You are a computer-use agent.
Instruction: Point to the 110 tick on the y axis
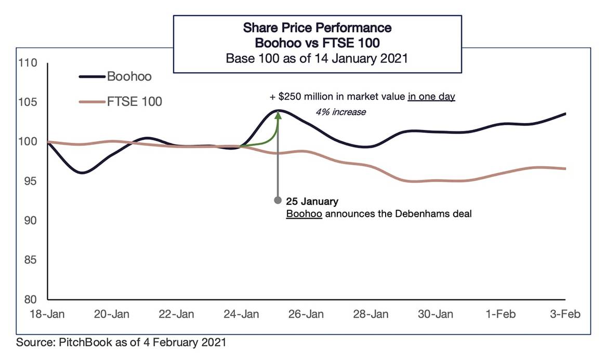pyautogui.click(x=30, y=63)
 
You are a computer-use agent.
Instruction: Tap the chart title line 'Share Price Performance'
pyautogui.click(x=318, y=27)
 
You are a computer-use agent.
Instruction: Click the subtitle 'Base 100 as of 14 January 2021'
pyautogui.click(x=317, y=58)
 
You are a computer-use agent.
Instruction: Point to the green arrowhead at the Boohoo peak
pyautogui.click(x=278, y=115)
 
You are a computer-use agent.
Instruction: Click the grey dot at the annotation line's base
pyautogui.click(x=278, y=201)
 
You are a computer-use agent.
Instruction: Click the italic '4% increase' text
pyautogui.click(x=340, y=112)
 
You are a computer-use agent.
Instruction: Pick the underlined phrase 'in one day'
pyautogui.click(x=431, y=97)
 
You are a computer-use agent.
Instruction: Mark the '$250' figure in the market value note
pyautogui.click(x=288, y=97)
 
